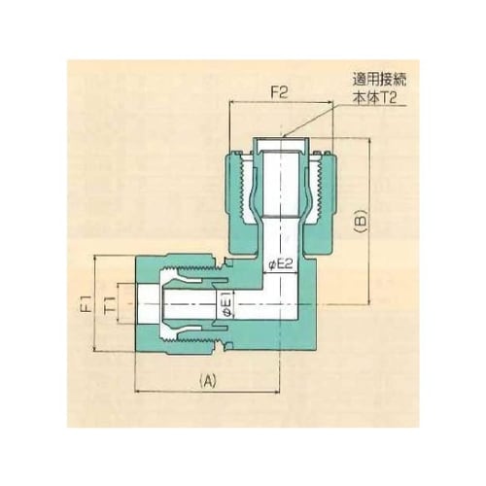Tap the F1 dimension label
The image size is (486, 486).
click(x=86, y=303)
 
